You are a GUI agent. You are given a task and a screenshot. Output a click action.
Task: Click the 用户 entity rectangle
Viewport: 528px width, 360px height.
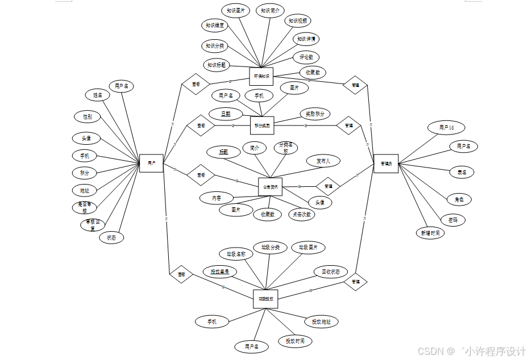click(151, 163)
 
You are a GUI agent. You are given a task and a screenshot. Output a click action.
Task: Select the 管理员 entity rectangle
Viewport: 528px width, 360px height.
click(386, 163)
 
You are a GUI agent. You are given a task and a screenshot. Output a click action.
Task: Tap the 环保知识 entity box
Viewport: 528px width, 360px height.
click(261, 76)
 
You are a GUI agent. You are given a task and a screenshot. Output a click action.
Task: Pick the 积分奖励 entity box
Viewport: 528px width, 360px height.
click(262, 125)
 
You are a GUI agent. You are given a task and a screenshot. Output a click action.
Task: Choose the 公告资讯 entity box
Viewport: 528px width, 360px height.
click(270, 187)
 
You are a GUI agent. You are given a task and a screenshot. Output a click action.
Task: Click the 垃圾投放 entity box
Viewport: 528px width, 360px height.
click(265, 299)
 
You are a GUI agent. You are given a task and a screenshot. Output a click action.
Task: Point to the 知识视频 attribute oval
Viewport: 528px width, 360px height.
click(298, 21)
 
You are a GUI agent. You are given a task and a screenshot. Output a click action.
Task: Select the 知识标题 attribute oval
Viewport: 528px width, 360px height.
click(216, 65)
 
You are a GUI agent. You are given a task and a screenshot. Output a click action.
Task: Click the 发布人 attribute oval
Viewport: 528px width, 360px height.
click(323, 161)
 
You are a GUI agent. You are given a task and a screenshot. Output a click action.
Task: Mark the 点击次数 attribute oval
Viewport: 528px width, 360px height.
click(301, 214)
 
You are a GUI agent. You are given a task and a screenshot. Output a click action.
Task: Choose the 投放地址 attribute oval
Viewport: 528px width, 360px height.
click(321, 321)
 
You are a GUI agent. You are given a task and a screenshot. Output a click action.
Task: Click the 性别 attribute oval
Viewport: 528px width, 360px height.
click(88, 116)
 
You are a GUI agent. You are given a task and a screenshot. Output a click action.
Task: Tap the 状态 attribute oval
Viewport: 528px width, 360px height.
click(111, 238)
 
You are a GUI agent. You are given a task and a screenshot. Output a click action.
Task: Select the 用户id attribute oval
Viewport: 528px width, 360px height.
click(446, 128)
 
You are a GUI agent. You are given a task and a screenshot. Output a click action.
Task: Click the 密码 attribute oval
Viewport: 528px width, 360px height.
click(453, 220)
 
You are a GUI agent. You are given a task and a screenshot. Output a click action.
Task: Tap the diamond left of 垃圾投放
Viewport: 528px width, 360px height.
click(181, 274)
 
